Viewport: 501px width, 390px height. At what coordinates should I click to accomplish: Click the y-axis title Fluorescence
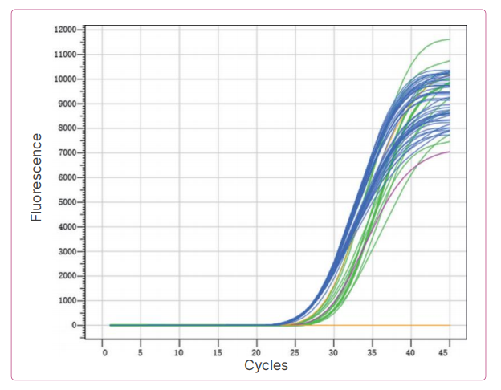(36, 177)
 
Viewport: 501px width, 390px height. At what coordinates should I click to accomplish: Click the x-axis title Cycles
(266, 366)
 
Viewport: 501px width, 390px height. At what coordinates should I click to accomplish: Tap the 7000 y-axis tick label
(67, 152)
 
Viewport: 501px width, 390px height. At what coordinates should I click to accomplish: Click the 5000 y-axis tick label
(67, 202)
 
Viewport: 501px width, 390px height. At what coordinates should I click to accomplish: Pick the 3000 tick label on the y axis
(67, 251)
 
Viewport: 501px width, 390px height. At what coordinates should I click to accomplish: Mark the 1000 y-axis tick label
(67, 301)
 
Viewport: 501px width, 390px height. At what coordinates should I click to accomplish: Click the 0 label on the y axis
(74, 326)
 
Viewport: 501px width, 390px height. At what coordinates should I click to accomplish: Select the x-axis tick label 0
(104, 352)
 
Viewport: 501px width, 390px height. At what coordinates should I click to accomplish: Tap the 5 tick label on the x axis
(141, 352)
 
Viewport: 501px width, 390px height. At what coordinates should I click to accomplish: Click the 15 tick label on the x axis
(218, 352)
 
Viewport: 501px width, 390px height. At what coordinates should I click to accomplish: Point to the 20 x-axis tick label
(256, 352)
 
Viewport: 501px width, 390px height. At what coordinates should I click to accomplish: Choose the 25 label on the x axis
(295, 352)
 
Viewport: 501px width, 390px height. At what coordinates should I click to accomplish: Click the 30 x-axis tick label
(333, 352)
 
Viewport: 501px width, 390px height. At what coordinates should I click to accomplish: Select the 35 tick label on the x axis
(372, 352)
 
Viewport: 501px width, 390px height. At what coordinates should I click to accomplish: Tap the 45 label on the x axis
(449, 352)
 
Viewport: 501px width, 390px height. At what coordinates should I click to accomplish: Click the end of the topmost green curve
(449, 39)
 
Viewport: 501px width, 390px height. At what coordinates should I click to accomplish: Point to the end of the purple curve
(449, 152)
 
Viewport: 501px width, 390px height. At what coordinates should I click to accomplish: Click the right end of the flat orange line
(449, 325)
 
